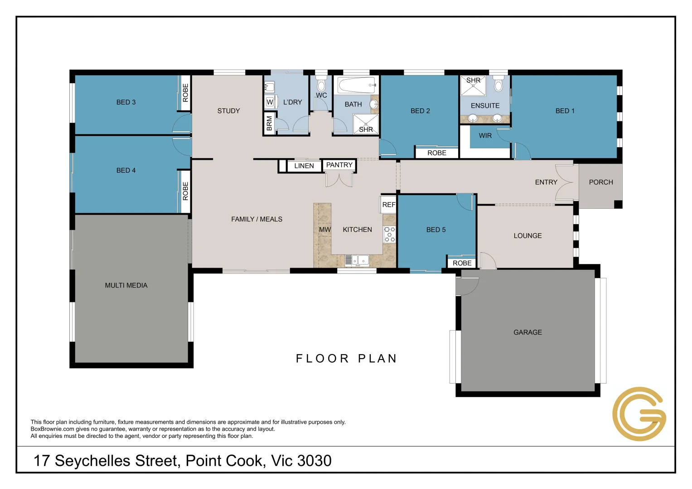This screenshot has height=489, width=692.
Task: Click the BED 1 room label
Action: point(565,111)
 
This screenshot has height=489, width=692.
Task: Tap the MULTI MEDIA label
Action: point(126,285)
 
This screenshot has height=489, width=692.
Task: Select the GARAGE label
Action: point(527,332)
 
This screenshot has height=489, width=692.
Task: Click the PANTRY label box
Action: point(339,165)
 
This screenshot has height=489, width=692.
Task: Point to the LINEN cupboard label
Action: point(304,166)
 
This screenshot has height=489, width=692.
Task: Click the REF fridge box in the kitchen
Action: point(388,205)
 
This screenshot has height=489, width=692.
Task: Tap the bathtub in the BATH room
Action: point(356,85)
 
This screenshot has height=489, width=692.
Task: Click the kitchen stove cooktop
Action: point(389,235)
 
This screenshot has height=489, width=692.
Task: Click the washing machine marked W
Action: point(270,102)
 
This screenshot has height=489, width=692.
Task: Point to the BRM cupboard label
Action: point(269,124)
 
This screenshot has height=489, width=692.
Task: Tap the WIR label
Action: point(485,136)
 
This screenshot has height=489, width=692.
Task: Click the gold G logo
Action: point(639,414)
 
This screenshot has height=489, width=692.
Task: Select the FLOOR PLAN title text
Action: point(346,359)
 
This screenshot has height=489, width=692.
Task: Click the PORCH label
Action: point(600,182)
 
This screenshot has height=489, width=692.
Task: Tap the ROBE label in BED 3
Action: point(185,93)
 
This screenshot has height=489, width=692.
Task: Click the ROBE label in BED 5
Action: point(462,263)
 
